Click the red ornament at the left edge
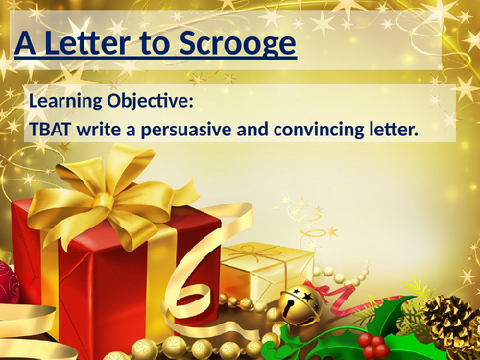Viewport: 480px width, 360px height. tap(7, 282)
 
